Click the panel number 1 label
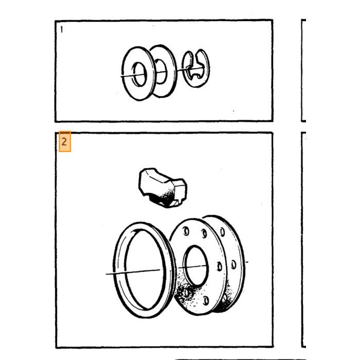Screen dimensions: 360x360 click(x=62, y=29)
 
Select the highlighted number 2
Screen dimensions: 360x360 click(x=64, y=141)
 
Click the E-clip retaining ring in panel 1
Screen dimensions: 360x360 click(x=196, y=68)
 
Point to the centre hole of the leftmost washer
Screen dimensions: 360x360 click(x=139, y=75)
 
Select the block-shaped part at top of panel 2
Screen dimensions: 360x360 click(x=163, y=188)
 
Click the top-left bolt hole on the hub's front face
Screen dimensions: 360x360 click(x=186, y=231)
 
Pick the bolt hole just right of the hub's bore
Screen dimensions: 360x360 click(x=220, y=266)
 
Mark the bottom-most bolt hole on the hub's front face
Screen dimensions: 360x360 click(x=206, y=300)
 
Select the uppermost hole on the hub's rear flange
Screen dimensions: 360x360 click(x=222, y=231)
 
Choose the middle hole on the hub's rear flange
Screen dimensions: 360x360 click(x=233, y=264)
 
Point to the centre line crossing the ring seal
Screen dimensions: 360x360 click(x=133, y=272)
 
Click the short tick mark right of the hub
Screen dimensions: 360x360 click(x=247, y=262)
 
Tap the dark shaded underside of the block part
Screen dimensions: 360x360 click(x=164, y=198)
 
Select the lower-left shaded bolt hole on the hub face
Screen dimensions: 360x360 click(x=186, y=293)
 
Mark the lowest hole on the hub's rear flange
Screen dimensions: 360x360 click(x=225, y=298)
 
